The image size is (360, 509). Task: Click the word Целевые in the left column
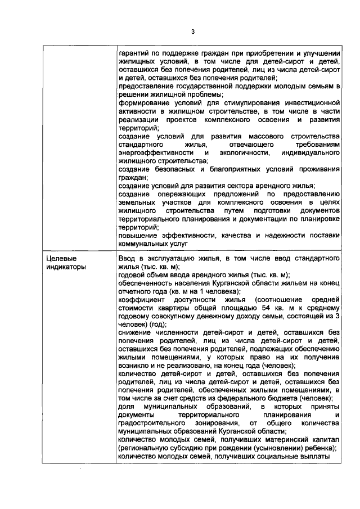coord(58,258)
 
